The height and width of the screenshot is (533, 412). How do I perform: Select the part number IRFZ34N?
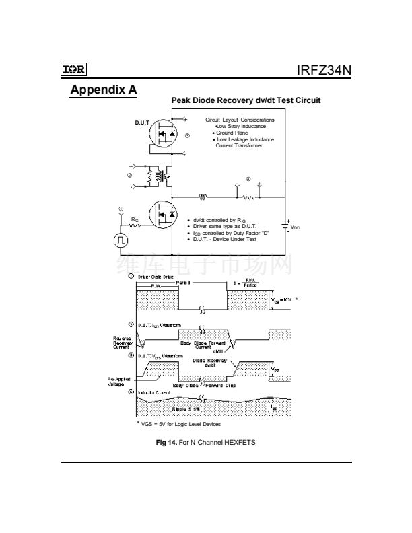(x=323, y=70)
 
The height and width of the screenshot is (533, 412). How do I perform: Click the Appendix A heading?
(x=104, y=91)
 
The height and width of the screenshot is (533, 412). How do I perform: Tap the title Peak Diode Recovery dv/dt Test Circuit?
(x=246, y=100)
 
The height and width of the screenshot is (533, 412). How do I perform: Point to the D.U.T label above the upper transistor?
(x=143, y=123)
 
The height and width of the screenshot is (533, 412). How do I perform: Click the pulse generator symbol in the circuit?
(x=121, y=239)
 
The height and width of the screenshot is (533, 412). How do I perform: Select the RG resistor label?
(x=135, y=219)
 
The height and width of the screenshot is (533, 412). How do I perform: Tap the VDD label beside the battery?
(x=296, y=228)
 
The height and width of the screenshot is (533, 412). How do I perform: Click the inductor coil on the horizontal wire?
(x=202, y=197)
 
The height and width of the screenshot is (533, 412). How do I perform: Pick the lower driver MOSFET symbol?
(x=162, y=215)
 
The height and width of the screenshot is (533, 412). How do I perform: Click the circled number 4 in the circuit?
(x=248, y=180)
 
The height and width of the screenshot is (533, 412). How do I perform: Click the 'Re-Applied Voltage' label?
(x=121, y=382)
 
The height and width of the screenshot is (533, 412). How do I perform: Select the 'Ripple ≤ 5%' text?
(x=184, y=408)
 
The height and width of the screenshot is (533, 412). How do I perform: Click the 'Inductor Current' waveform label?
(x=154, y=392)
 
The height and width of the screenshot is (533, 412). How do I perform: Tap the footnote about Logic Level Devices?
(x=180, y=425)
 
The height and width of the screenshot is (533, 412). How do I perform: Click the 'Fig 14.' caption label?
(x=166, y=442)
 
